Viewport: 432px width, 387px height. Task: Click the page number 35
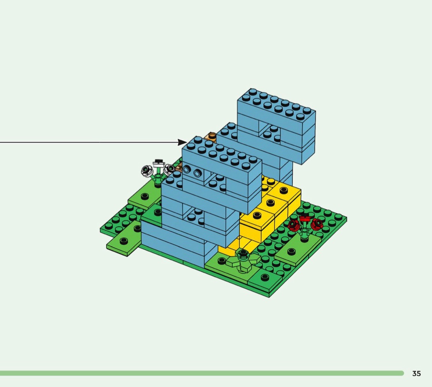(x=416, y=373)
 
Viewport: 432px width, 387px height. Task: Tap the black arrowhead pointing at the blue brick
(x=182, y=142)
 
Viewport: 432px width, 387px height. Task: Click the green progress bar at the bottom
(x=202, y=373)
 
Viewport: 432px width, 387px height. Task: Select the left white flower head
(x=147, y=171)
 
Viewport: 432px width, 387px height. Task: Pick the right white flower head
(x=169, y=169)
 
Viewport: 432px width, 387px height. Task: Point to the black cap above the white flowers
(x=158, y=161)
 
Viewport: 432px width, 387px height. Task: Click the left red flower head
(x=294, y=225)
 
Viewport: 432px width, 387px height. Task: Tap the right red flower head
(x=316, y=224)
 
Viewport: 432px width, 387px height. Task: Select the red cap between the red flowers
(x=304, y=219)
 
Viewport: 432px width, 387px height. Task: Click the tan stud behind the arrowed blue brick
(x=212, y=136)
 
